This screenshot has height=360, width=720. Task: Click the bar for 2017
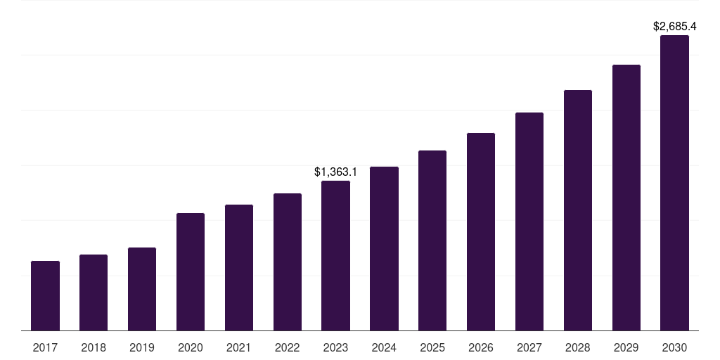(x=45, y=295)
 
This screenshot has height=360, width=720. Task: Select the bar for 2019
(x=142, y=289)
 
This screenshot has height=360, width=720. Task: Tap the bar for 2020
(x=191, y=271)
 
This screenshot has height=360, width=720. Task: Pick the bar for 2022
(x=288, y=262)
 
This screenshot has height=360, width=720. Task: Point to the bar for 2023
(x=335, y=255)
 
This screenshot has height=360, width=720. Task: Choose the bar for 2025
(x=432, y=240)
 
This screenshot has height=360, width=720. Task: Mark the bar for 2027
(x=529, y=221)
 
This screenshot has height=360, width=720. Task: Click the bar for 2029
(x=626, y=198)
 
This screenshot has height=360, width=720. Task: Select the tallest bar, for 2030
(x=674, y=183)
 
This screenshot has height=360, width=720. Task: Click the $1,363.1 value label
(x=335, y=172)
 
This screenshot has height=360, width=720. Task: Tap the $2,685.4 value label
(x=674, y=27)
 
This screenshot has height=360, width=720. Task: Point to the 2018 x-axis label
(x=94, y=347)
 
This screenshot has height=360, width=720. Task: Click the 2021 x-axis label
(x=239, y=347)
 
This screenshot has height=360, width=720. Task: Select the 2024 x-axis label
(x=384, y=347)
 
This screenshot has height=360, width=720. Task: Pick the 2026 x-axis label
(x=481, y=347)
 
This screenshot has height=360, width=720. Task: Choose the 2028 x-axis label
(x=578, y=347)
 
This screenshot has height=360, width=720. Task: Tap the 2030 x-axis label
(x=674, y=347)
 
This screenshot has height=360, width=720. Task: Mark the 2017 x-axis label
(x=45, y=347)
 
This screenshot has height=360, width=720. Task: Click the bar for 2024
(x=384, y=248)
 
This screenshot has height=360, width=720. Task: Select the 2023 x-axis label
(x=335, y=347)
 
